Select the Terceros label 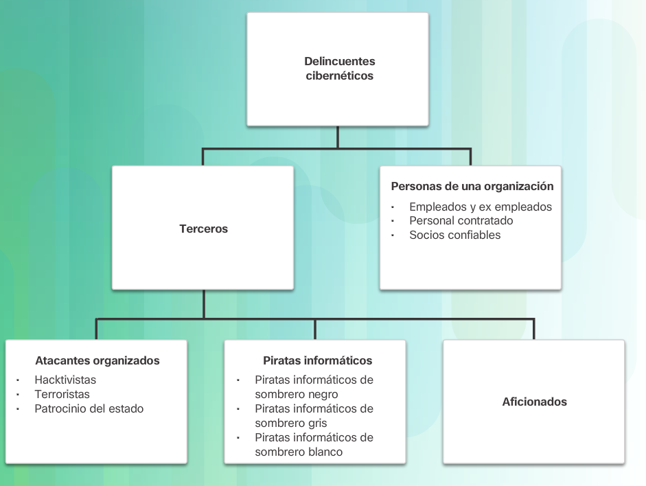[x=203, y=229]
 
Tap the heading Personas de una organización [x=472, y=186]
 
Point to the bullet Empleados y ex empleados [x=481, y=207]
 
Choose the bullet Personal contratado [x=461, y=220]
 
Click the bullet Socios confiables [x=455, y=235]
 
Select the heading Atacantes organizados [x=97, y=360]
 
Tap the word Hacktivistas [x=65, y=380]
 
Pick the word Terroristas [x=62, y=394]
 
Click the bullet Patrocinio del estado [x=89, y=408]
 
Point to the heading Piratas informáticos [x=318, y=360]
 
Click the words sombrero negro [x=297, y=394]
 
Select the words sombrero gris [x=291, y=423]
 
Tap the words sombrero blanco [x=299, y=452]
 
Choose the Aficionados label [x=535, y=402]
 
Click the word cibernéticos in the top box [x=340, y=76]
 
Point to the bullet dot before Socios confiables [x=393, y=235]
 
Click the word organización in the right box [x=520, y=186]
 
